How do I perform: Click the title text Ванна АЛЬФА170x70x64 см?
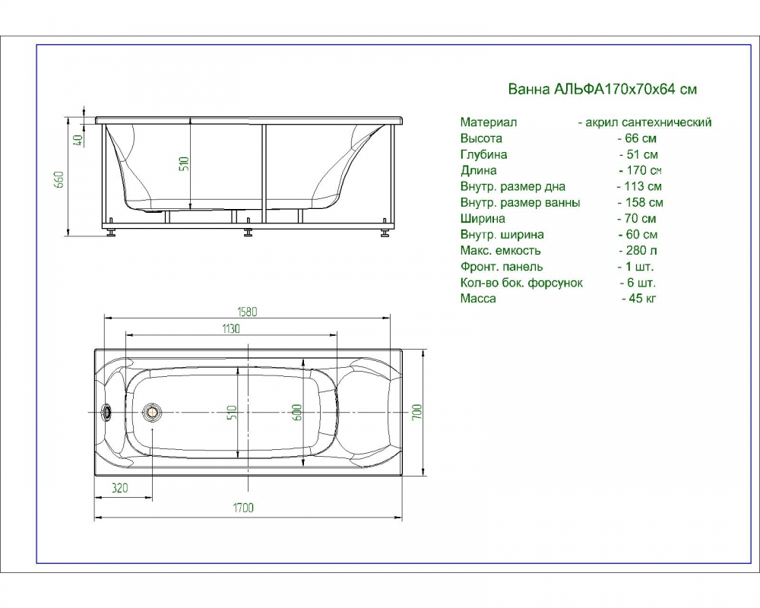tap(603, 89)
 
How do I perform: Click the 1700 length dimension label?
tap(243, 508)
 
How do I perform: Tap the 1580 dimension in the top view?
tap(247, 312)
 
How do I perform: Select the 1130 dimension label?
tap(231, 329)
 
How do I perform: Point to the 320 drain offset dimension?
tap(120, 487)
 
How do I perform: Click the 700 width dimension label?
tap(417, 412)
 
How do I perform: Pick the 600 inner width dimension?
tap(298, 412)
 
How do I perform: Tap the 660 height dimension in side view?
tap(59, 180)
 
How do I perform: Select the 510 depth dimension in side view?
tap(184, 166)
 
